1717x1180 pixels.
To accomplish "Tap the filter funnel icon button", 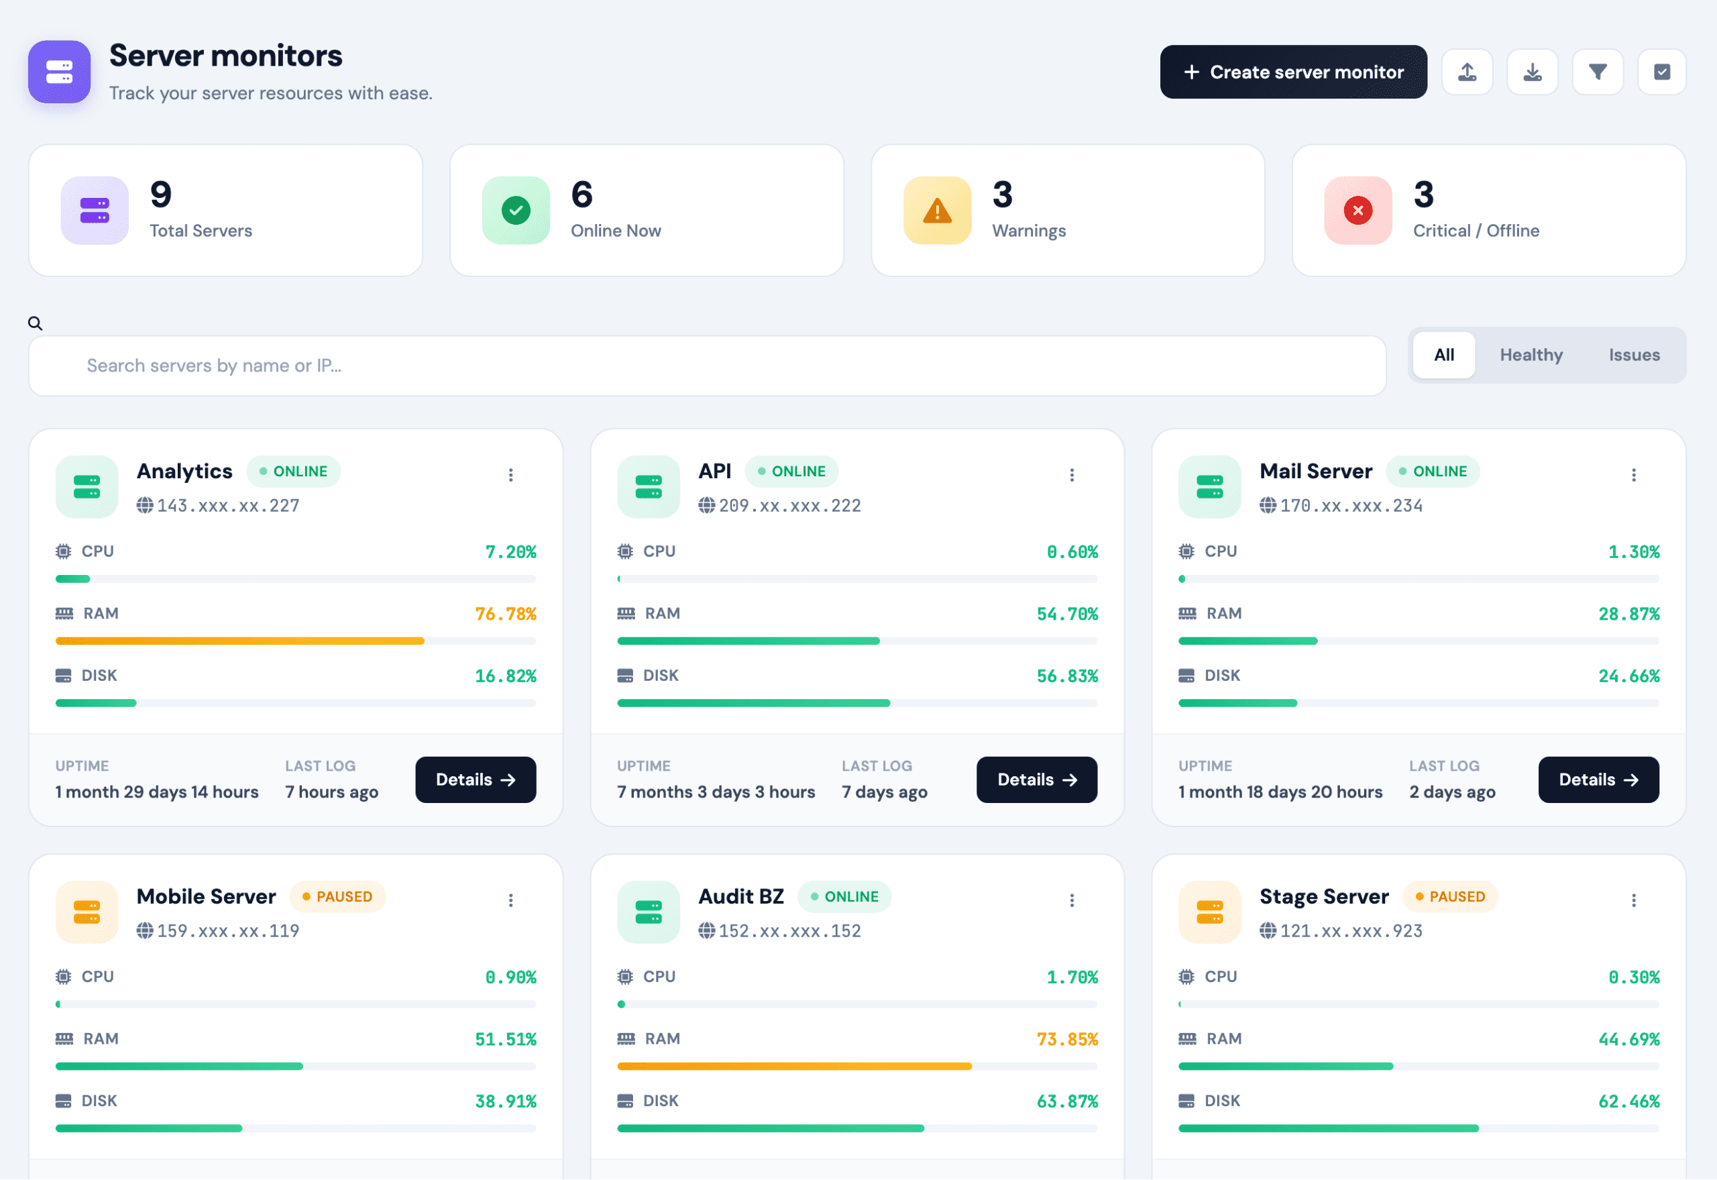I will [1597, 72].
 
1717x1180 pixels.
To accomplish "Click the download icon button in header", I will [1532, 72].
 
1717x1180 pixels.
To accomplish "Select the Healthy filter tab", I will [1531, 355].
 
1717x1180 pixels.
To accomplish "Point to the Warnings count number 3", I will [1002, 195].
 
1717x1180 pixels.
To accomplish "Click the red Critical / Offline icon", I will [1358, 211].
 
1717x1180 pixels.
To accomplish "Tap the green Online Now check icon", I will [516, 211].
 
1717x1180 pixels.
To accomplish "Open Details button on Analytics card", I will [476, 780].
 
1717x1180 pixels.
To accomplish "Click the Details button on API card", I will [1036, 780].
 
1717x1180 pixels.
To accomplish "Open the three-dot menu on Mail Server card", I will [1633, 475].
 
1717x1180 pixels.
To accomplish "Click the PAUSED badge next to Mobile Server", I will [337, 896].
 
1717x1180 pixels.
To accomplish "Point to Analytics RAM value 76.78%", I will [506, 614].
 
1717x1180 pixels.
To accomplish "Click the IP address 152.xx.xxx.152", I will [789, 931].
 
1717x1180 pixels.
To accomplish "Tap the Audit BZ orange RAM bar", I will [794, 1066].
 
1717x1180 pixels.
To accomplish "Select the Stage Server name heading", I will [1324, 896].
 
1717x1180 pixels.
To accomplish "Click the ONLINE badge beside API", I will [791, 471].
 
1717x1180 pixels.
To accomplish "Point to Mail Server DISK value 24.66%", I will [1628, 676].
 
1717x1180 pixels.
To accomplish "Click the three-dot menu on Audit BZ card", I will [1072, 900].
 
